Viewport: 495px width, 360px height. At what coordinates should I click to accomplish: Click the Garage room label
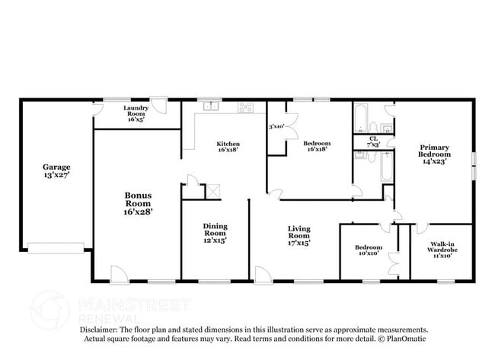pyautogui.click(x=56, y=170)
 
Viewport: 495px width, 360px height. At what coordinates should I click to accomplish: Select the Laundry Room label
pyautogui.click(x=136, y=114)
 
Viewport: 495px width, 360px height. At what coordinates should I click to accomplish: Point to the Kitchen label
pyautogui.click(x=228, y=147)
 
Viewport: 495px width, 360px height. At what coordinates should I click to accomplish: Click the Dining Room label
pyautogui.click(x=215, y=232)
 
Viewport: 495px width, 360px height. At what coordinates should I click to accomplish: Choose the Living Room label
pyautogui.click(x=298, y=235)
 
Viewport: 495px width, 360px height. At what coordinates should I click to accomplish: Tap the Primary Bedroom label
pyautogui.click(x=433, y=154)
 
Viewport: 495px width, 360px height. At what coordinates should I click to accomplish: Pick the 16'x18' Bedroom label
pyautogui.click(x=317, y=147)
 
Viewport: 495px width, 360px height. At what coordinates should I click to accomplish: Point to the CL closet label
pyautogui.click(x=374, y=141)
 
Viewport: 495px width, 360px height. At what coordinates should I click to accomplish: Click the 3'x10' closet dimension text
pyautogui.click(x=276, y=126)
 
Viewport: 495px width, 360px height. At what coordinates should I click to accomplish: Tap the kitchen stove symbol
pyautogui.click(x=245, y=107)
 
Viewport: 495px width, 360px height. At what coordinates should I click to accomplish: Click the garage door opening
pyautogui.click(x=56, y=247)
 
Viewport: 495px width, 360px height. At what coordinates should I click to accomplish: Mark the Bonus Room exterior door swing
pyautogui.click(x=120, y=274)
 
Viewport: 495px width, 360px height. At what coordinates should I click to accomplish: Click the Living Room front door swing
pyautogui.click(x=263, y=274)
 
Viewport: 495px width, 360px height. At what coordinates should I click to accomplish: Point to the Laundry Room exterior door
pyautogui.click(x=158, y=106)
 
